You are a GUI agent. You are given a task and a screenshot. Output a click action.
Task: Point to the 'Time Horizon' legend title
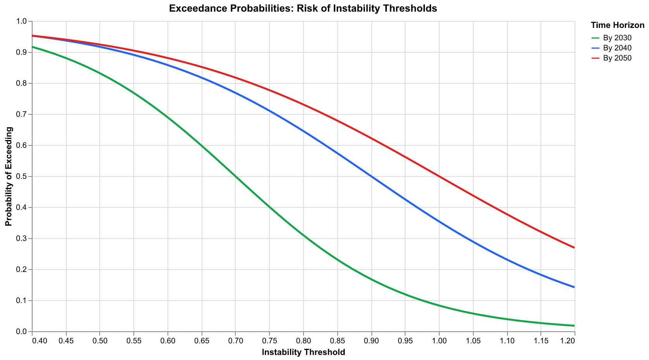click(617, 26)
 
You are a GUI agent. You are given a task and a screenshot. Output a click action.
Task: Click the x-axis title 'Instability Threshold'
click(303, 352)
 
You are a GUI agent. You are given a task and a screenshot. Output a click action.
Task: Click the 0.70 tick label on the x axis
click(235, 340)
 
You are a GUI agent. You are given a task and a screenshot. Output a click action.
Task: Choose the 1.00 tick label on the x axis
click(439, 340)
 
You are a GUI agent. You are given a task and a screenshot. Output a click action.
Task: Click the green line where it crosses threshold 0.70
click(235, 177)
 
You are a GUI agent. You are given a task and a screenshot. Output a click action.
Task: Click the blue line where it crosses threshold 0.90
click(371, 177)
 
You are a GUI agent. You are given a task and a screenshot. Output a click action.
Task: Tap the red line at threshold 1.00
click(439, 177)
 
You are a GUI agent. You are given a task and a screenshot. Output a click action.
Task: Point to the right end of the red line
click(574, 247)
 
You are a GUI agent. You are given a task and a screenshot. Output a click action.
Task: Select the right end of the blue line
click(574, 287)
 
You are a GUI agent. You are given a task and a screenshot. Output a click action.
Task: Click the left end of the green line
click(32, 47)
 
